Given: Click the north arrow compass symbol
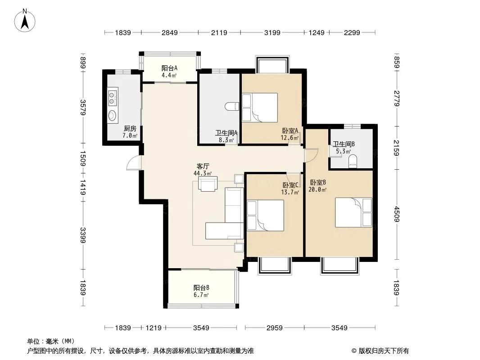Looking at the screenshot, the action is pos(25,21).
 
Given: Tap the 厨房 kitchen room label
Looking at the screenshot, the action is pos(130,129).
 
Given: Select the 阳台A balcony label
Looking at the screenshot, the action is pos(170,68).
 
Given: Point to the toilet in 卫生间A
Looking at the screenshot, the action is pos(232,107).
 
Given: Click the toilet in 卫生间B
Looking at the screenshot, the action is pos(353,161).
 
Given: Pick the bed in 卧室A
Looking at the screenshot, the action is pos(260,108).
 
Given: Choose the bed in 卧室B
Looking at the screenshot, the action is pos(353,212).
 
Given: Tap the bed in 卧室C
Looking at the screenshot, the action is pos(265,216).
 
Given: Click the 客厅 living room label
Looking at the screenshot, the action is pos(203,166).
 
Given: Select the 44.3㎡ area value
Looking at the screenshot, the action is pos(203,173).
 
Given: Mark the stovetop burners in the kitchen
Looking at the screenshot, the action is pos(113,97).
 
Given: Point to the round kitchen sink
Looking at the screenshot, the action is pos(113,115).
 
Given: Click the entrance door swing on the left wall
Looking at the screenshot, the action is pos(134,163).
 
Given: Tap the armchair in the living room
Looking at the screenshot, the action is pos(208,184).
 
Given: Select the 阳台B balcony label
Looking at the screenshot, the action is pos(201,288).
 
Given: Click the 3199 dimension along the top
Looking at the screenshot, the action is pos(272,32).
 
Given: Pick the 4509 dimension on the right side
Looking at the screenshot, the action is pos(397,214).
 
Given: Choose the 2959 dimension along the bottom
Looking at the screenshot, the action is pos(275,328).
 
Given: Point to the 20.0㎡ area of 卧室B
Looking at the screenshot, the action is pos(317,189).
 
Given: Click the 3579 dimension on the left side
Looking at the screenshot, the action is pos(83,108).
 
